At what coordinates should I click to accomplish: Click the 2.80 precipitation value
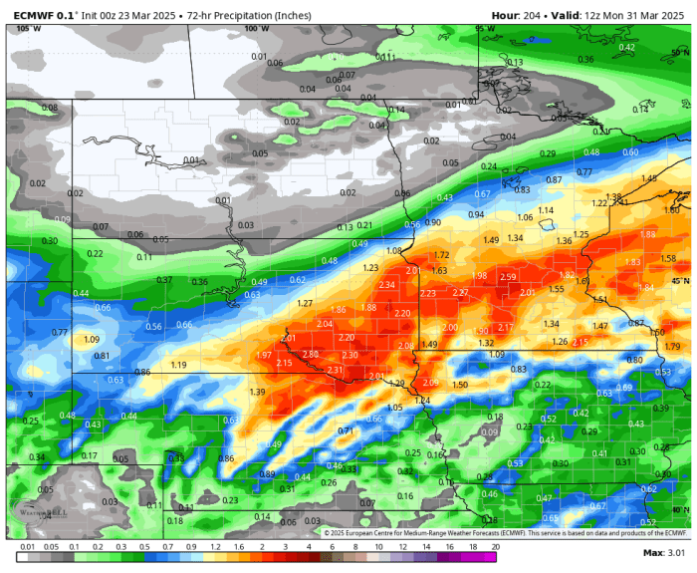pos(311,355)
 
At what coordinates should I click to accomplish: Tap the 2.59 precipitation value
pos(508,277)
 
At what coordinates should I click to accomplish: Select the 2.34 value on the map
pos(387,285)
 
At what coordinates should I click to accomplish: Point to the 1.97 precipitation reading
pos(264,356)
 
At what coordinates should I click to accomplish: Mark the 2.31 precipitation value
pos(335,371)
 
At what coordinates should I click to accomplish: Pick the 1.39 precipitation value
pos(258,393)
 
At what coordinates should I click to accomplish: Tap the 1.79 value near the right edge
pos(672,347)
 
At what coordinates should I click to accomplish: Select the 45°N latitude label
pos(680,282)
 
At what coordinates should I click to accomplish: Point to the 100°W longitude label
pos(256,29)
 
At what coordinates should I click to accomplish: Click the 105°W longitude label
pos(29,29)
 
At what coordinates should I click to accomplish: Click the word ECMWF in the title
pos(33,15)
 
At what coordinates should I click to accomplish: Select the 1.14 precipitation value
pos(546,210)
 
